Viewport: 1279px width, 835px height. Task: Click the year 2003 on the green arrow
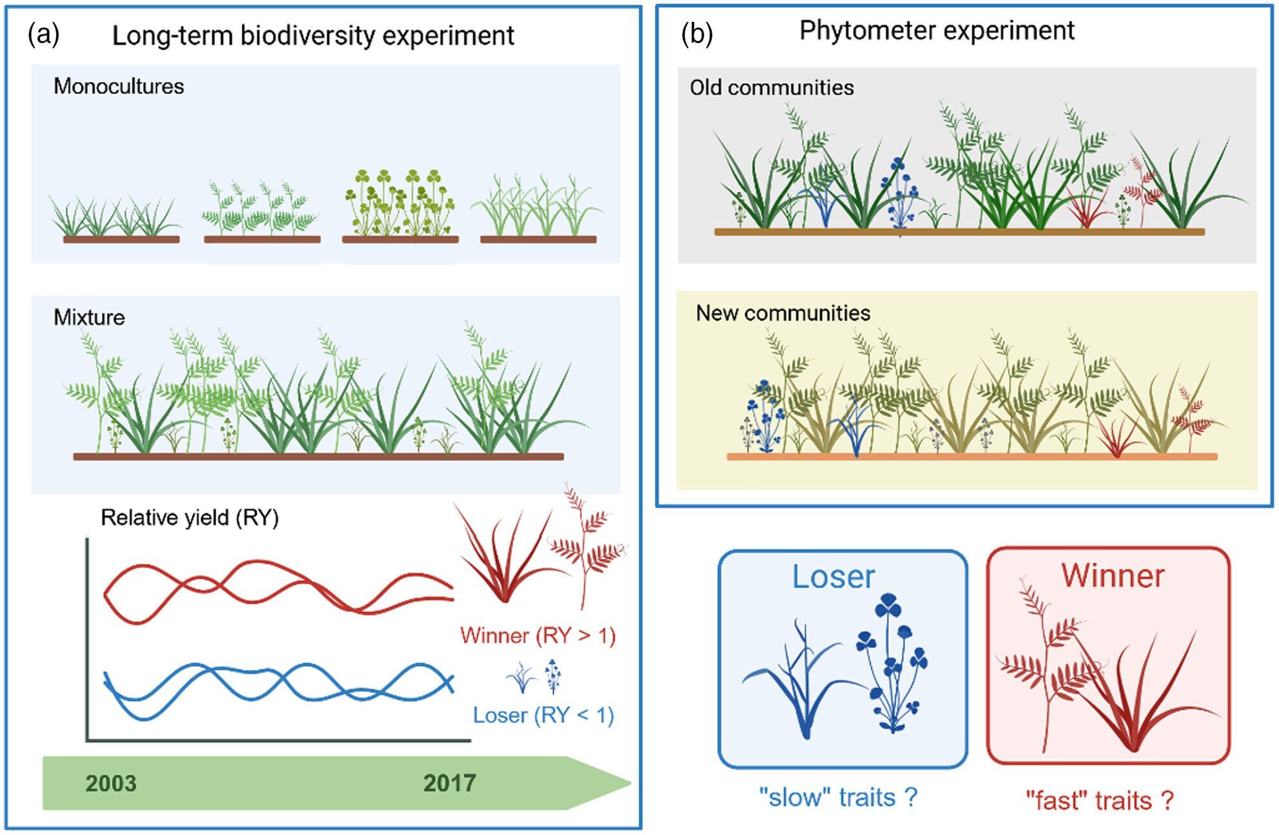(x=111, y=783)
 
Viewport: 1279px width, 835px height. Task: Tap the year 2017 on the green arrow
(x=449, y=783)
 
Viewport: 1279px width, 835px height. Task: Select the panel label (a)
(x=43, y=34)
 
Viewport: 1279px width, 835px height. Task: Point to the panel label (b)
(x=697, y=34)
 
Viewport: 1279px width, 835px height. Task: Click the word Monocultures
(x=119, y=86)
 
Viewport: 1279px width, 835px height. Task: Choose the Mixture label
(x=89, y=317)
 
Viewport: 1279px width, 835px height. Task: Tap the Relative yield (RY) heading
(x=190, y=518)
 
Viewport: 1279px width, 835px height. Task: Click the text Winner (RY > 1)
(x=538, y=636)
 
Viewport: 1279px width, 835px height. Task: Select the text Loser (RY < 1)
(x=543, y=715)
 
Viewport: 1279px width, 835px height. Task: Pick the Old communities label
(x=772, y=88)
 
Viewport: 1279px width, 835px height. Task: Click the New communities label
(x=783, y=313)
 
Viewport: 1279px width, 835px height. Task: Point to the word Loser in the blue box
(x=833, y=576)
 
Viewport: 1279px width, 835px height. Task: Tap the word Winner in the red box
(x=1113, y=575)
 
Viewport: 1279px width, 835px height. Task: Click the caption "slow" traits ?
(x=838, y=798)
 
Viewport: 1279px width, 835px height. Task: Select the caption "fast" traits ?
(x=1100, y=801)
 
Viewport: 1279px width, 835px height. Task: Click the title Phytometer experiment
(x=937, y=30)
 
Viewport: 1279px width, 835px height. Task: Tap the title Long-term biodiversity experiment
(x=313, y=35)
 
